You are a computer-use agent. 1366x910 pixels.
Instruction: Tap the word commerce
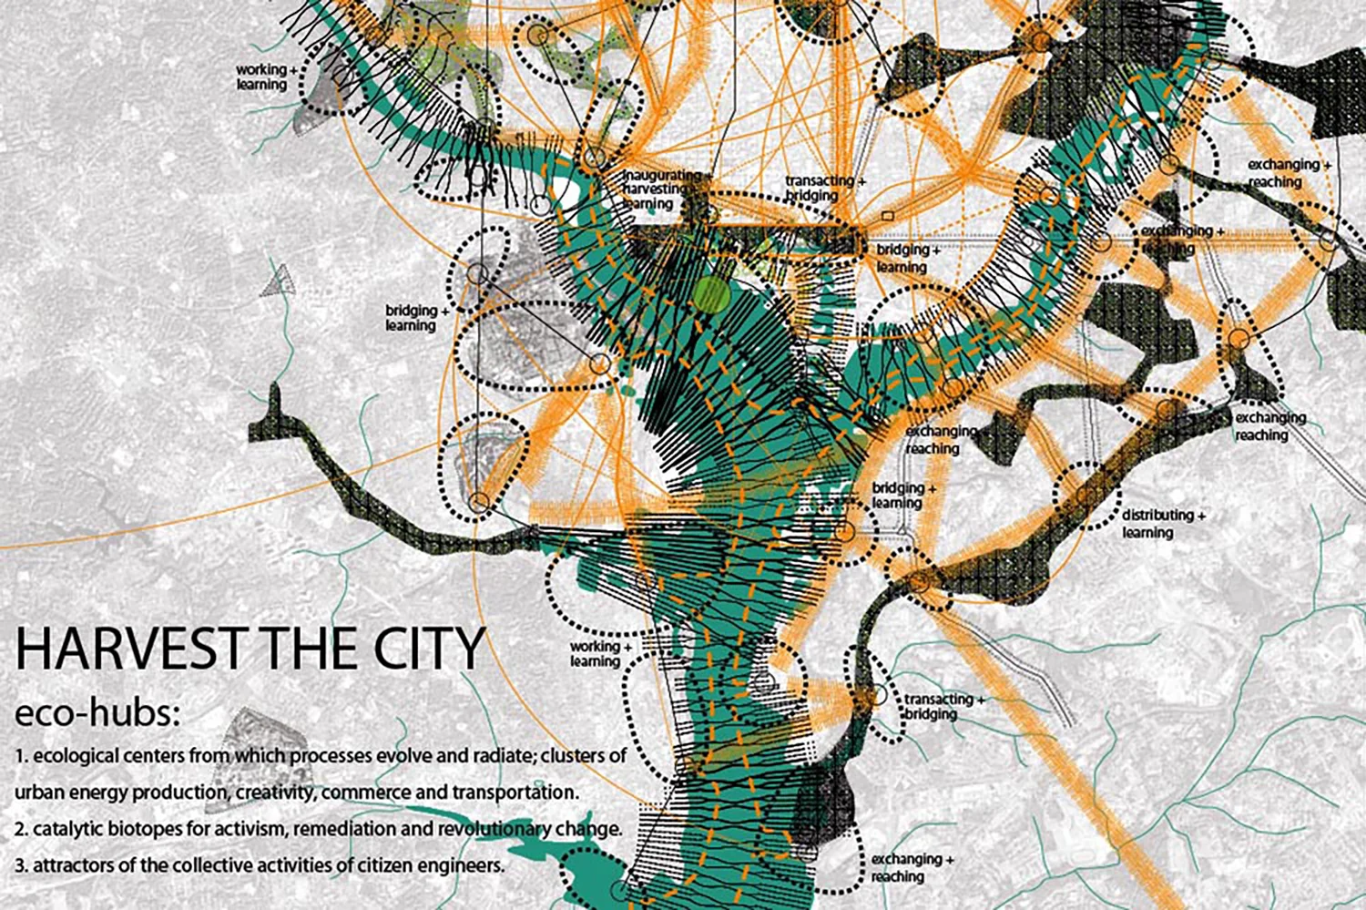366,792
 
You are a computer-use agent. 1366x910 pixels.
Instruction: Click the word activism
259,829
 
